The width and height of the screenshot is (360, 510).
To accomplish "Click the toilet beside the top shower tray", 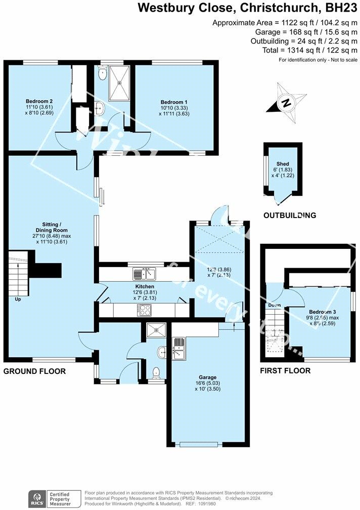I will (103, 74).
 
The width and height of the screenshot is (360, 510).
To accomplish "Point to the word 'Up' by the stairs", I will (18, 299).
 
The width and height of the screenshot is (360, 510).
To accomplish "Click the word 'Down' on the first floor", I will (275, 305).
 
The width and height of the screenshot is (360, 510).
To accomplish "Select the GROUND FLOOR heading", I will (34, 371).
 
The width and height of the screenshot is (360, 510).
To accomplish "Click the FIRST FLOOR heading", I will (285, 371).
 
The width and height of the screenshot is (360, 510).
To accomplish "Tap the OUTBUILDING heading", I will (290, 215).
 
